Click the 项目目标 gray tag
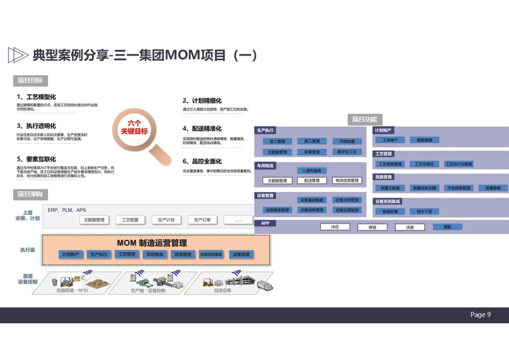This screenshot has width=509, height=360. coord(30,81)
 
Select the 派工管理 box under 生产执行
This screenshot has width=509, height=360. coord(277,141)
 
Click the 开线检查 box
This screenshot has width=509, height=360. coord(347,141)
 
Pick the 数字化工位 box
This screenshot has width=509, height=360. coord(347,152)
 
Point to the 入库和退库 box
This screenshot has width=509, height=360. coord(312,171)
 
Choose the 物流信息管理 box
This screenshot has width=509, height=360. coord(347,180)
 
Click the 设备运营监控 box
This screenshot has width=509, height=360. coord(347,210)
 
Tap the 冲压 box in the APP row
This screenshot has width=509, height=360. coord(335,227)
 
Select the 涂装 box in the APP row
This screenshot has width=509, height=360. coord(410,227)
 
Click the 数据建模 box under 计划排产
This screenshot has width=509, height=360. coord(424,140)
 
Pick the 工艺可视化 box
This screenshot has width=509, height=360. coord(424,164)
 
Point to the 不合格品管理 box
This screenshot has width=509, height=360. coord(459,188)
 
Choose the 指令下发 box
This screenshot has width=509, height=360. coord(424,212)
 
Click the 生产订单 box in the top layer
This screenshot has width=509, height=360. coord(202,220)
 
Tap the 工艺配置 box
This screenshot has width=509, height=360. coord(130,220)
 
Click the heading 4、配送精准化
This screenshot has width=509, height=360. coord(202,129)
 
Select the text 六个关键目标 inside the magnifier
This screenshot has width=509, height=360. coord(134,127)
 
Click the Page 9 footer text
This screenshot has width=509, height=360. coord(480,315)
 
